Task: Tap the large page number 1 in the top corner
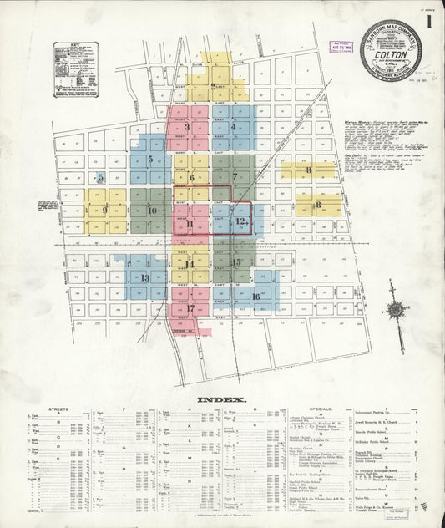tap(429, 23)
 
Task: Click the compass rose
tap(395, 310)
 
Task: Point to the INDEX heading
tap(221, 399)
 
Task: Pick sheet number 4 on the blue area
tap(234, 127)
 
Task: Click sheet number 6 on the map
tap(191, 177)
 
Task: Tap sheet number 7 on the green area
tap(235, 176)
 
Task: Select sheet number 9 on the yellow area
tap(105, 211)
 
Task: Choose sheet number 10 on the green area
tap(152, 211)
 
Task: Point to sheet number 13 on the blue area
tap(144, 277)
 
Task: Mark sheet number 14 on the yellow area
tap(190, 265)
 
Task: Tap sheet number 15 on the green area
tap(236, 262)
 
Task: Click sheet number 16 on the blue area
tap(255, 296)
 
